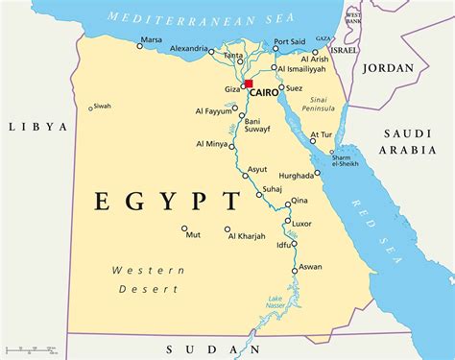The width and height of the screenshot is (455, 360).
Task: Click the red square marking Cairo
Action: pos(248,84)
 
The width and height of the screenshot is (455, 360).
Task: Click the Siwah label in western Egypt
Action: pos(102,106)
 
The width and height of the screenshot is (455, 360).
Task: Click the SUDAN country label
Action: pos(196,348)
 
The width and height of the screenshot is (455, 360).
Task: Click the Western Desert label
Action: pos(147,279)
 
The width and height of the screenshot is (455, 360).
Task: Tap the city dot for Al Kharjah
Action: pos(227,229)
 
